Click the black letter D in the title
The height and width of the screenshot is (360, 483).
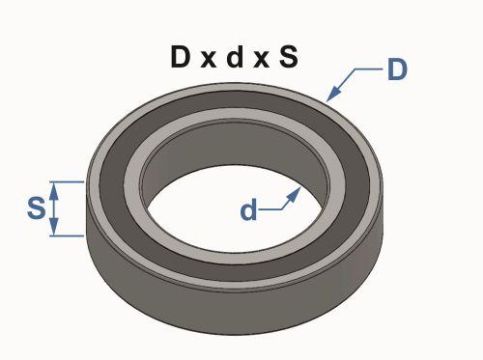[180, 56]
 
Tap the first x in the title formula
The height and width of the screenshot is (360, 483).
[209, 60]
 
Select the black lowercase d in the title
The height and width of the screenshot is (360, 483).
[234, 56]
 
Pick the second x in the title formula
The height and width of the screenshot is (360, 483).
[261, 60]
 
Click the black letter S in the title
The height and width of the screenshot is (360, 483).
[289, 57]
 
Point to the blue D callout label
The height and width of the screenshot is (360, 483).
[397, 69]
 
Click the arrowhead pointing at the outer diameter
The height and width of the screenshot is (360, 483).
[333, 94]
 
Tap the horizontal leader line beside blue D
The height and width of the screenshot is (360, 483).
[369, 69]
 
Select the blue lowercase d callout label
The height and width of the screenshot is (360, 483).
[248, 209]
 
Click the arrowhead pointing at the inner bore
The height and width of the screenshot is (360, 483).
[294, 194]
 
